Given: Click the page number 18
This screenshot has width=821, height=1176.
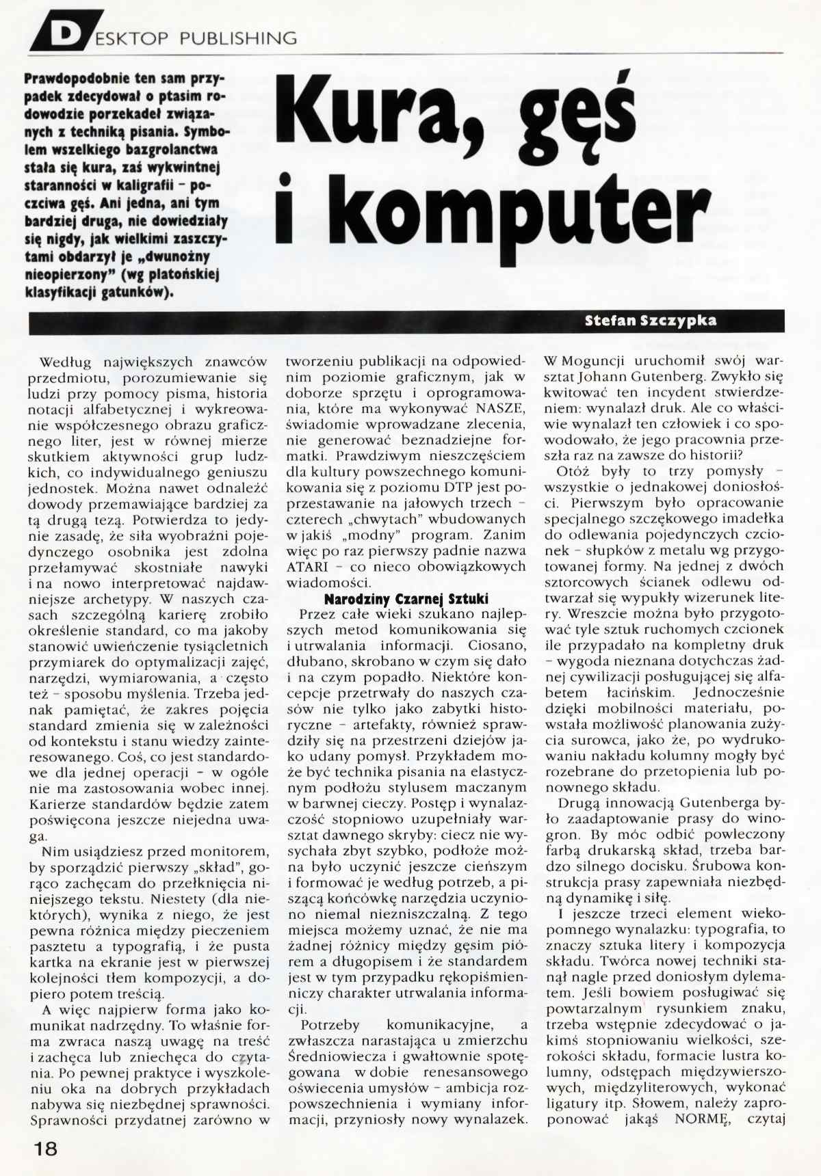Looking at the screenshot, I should [46, 1149].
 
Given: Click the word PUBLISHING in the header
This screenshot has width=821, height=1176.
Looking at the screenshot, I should [238, 38].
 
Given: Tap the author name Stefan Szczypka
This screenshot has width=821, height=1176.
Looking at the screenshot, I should [651, 321].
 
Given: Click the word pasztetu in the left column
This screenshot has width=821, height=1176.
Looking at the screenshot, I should [57, 947].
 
